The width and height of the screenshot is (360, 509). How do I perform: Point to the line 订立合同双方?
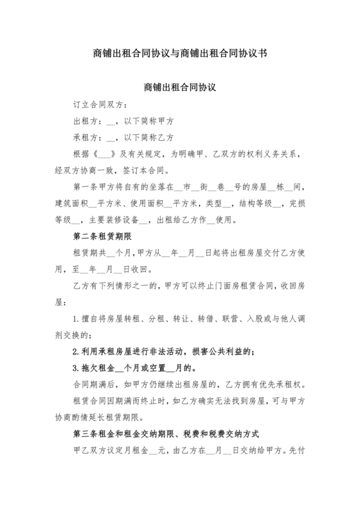100,104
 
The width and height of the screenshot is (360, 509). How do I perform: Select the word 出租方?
87,121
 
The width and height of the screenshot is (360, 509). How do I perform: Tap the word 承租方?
87,138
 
